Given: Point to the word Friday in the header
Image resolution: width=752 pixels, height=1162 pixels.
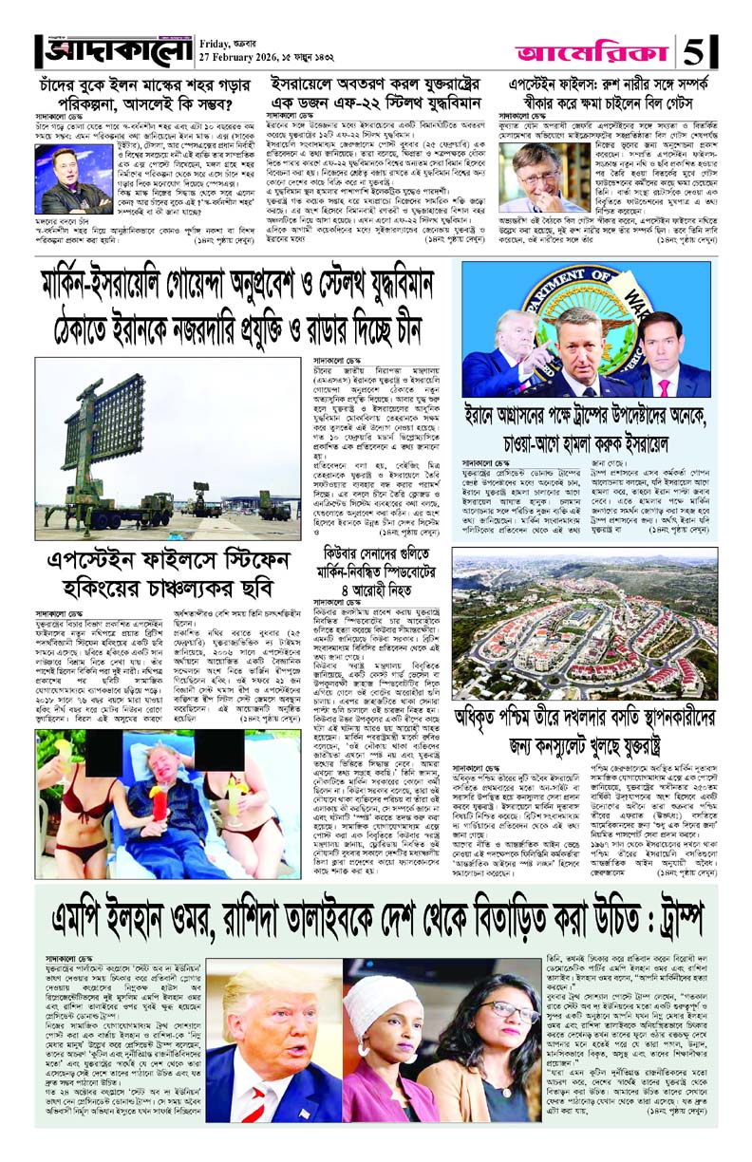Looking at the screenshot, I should coord(221,40).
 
